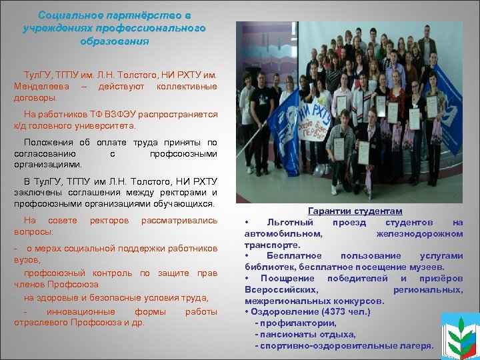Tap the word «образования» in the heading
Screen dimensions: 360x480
[x=114, y=41]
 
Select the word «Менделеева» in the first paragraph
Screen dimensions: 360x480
[x=37, y=87]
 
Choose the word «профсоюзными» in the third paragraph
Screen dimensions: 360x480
[x=183, y=153]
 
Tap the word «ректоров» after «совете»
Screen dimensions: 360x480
[x=109, y=220]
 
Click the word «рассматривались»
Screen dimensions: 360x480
[x=179, y=220]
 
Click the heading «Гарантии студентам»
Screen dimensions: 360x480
[x=355, y=211]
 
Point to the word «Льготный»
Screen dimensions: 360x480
[x=287, y=222]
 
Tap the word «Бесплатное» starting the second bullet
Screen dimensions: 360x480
[x=294, y=256]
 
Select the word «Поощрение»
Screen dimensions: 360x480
[x=289, y=278]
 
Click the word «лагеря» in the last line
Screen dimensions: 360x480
[x=417, y=346]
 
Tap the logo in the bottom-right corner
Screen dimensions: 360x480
[x=460, y=335]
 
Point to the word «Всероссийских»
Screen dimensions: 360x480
[x=281, y=289]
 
